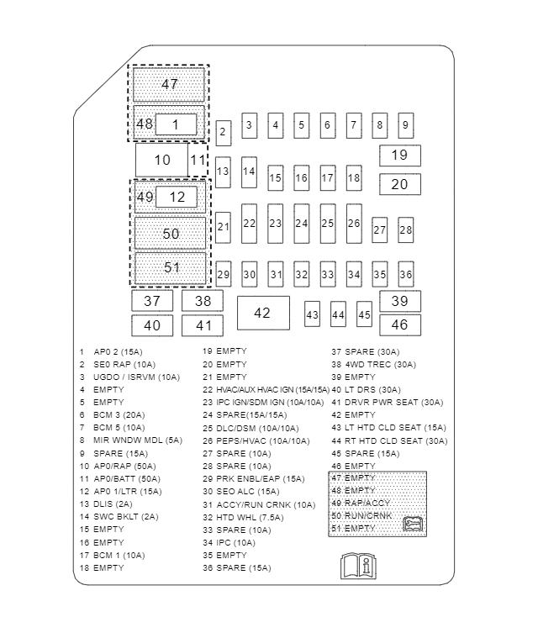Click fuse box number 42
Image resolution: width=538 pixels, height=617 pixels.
tap(262, 313)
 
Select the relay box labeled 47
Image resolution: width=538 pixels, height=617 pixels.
tap(170, 84)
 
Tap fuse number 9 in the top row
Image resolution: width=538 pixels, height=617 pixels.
tap(405, 125)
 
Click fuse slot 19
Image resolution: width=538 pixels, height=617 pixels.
tap(399, 156)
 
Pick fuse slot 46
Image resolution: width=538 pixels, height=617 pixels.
tap(399, 324)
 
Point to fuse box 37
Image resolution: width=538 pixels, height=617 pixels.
tap(152, 301)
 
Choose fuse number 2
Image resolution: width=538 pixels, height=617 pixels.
tap(223, 132)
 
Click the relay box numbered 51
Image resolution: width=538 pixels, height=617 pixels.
tap(171, 268)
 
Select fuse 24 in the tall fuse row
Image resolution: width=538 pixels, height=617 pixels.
tap(301, 224)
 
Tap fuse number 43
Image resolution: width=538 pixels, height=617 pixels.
tap(312, 314)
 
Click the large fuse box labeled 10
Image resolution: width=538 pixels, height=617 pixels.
tap(162, 160)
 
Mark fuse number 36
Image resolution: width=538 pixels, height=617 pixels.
tap(406, 274)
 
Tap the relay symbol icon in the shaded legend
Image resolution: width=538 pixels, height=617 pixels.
tap(413, 524)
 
